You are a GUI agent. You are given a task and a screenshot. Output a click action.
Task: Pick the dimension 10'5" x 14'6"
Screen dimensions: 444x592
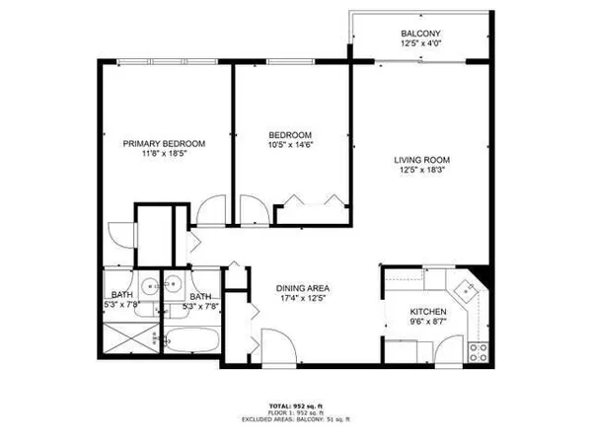pos(291,145)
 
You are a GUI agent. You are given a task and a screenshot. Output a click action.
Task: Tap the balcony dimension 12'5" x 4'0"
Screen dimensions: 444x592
pos(417,43)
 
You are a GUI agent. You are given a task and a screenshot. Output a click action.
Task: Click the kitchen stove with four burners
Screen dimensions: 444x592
pos(479,350)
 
